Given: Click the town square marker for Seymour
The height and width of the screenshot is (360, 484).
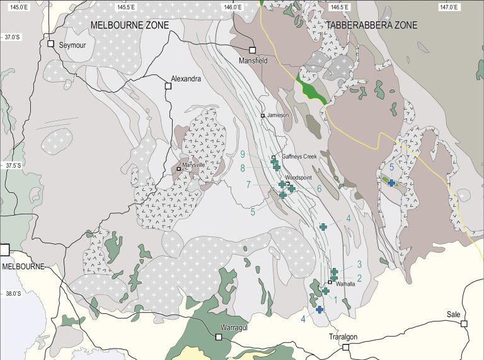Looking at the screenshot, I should pyautogui.click(x=51, y=44).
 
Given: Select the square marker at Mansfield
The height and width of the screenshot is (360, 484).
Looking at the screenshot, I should pyautogui.click(x=252, y=50).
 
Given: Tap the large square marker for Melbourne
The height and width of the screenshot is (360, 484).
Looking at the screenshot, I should pyautogui.click(x=4, y=249).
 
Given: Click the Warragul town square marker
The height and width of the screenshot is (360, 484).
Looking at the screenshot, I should pyautogui.click(x=219, y=337).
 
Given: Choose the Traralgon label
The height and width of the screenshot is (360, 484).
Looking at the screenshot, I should pyautogui.click(x=343, y=337).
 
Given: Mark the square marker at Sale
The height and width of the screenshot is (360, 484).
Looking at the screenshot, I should pyautogui.click(x=464, y=323).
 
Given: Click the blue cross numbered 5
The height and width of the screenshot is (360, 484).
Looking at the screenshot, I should pyautogui.click(x=391, y=183).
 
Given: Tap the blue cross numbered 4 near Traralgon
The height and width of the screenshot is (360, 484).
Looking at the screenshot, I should pyautogui.click(x=320, y=309).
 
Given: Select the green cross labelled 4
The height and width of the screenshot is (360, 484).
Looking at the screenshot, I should pyautogui.click(x=323, y=226).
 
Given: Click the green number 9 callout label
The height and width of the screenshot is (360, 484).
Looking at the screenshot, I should pyautogui.click(x=243, y=154).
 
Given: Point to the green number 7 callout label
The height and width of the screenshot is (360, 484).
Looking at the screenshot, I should pyautogui.click(x=248, y=184).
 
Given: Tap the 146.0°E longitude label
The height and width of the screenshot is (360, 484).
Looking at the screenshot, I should pyautogui.click(x=233, y=8).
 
